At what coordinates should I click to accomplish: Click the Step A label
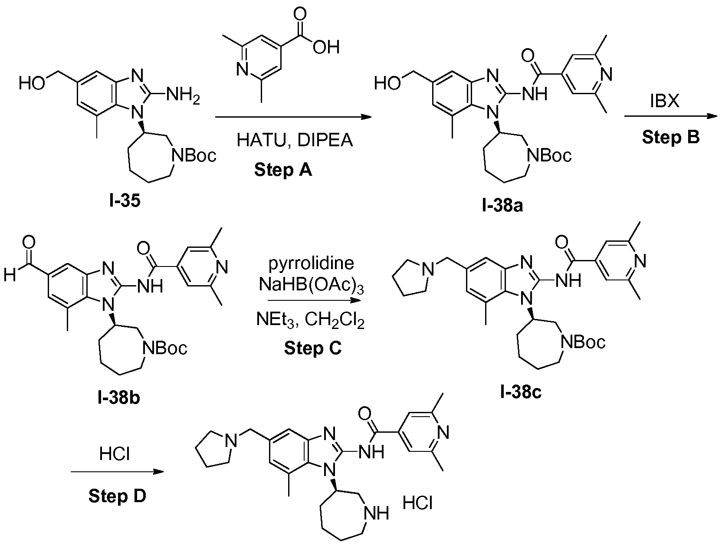pyautogui.click(x=283, y=170)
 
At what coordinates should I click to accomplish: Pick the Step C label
pyautogui.click(x=313, y=348)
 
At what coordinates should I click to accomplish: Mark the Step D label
pyautogui.click(x=117, y=495)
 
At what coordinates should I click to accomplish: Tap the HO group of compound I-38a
pyautogui.click(x=387, y=83)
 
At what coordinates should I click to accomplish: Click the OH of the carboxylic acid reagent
pyautogui.click(x=326, y=47)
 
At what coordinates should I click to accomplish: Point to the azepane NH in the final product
pyautogui.click(x=377, y=514)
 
